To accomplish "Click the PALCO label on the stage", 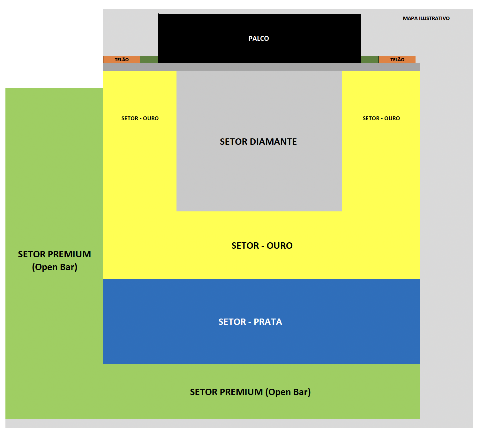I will click(x=259, y=39).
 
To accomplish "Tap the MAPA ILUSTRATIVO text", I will click(x=426, y=18).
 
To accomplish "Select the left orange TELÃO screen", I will click(x=122, y=60).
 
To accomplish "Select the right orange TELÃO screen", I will click(x=397, y=60).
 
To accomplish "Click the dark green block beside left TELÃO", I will click(x=149, y=59).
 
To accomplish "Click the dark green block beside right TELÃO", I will click(x=370, y=59).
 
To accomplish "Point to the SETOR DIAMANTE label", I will click(x=258, y=142).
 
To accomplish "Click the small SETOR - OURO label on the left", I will click(x=140, y=118).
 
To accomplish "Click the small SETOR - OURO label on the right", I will click(x=381, y=118).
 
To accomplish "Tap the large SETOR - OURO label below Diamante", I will click(x=262, y=246).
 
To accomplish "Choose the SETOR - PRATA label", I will click(x=250, y=322).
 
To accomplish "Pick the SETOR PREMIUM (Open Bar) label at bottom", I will click(x=250, y=392).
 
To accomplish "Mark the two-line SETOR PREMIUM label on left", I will click(x=55, y=261).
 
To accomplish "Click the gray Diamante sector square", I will click(x=259, y=179).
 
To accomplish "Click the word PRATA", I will click(x=268, y=322).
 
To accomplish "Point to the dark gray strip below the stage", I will click(x=262, y=67).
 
